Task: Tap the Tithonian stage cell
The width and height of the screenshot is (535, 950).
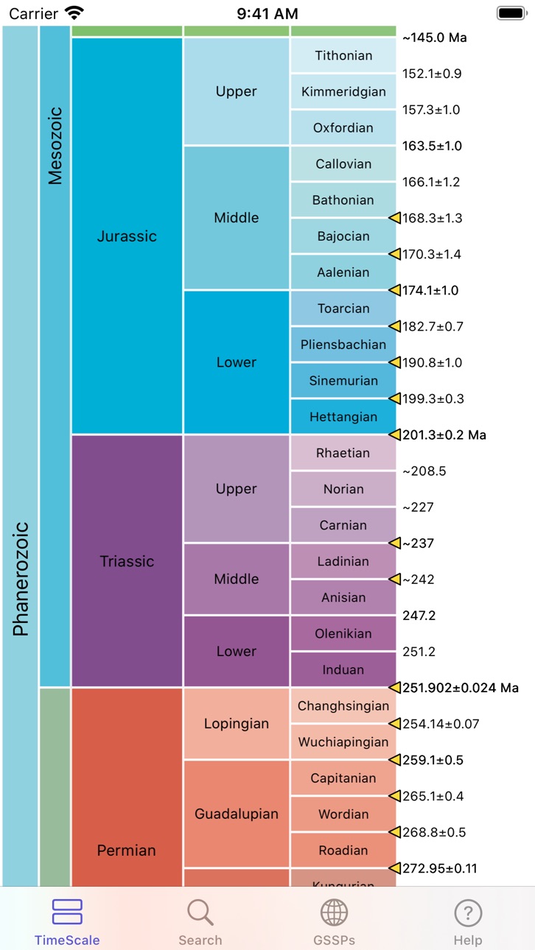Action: (x=343, y=55)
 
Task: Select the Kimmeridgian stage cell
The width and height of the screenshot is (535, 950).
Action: (x=343, y=91)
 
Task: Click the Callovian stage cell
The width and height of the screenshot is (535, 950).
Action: (x=343, y=163)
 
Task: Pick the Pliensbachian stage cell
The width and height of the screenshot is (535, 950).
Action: (x=343, y=345)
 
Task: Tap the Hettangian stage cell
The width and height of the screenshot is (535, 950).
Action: (x=343, y=417)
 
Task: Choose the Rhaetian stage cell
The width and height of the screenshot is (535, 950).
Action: (x=343, y=453)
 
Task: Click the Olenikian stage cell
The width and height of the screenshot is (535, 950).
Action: (x=343, y=633)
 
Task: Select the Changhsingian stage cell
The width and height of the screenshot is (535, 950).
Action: (x=343, y=706)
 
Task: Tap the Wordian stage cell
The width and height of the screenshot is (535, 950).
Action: (x=343, y=814)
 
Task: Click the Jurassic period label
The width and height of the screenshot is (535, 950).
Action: (x=127, y=236)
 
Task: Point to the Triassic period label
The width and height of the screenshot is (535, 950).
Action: (x=127, y=561)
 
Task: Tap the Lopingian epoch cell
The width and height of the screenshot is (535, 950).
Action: (x=237, y=723)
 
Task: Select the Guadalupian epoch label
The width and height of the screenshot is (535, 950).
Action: (x=237, y=814)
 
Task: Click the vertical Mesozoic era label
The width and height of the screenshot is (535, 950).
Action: (x=55, y=146)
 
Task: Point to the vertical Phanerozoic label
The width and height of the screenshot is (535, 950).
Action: (x=21, y=579)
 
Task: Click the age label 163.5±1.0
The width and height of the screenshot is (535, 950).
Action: (x=432, y=146)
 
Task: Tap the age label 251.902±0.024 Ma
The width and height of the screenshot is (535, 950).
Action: (x=461, y=688)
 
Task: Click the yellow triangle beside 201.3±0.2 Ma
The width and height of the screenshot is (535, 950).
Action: (x=395, y=434)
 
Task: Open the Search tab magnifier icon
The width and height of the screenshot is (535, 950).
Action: (x=200, y=912)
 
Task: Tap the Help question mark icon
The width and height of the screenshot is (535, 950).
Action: (x=467, y=912)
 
